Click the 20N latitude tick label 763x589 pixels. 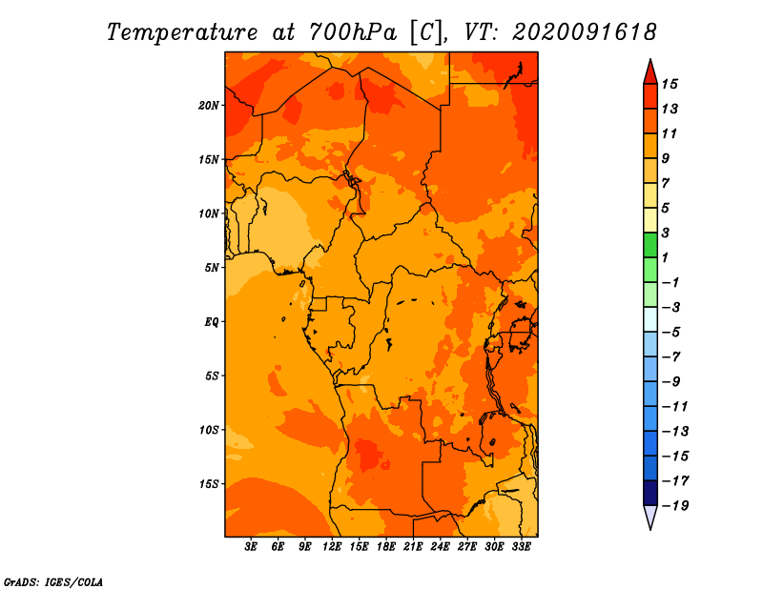(x=209, y=106)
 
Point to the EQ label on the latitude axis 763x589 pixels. (x=211, y=322)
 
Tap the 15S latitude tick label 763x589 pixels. (x=209, y=484)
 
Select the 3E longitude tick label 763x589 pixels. (x=251, y=547)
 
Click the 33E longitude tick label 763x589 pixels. (x=521, y=547)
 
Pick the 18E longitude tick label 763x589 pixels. (x=386, y=547)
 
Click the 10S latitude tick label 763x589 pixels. (x=209, y=430)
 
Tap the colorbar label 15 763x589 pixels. (x=670, y=84)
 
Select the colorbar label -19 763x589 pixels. (x=675, y=506)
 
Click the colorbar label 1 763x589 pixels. (x=665, y=257)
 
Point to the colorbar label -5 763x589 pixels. (x=671, y=333)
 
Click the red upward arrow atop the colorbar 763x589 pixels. (x=650, y=72)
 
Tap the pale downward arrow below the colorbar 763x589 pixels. (x=650, y=517)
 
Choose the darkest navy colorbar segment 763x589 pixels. (x=650, y=493)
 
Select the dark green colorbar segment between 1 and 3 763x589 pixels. (x=650, y=245)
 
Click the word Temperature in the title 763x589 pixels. (x=182, y=33)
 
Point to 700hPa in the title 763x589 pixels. (x=352, y=32)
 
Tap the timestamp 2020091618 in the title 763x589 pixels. (x=585, y=32)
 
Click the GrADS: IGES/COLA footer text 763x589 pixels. (x=53, y=581)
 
